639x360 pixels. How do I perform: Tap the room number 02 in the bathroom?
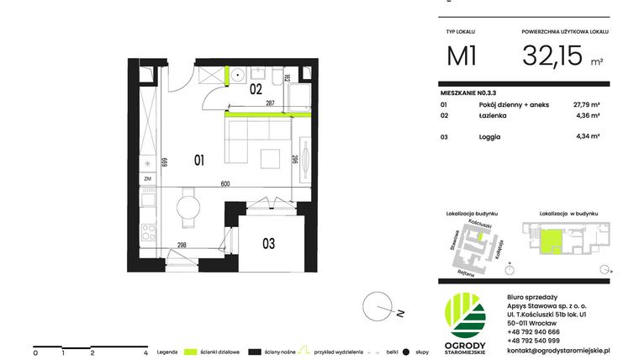[256, 87]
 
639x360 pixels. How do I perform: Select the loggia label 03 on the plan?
[268, 244]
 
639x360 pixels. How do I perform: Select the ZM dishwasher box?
[147, 179]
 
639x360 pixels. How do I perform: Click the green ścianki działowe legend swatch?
[192, 351]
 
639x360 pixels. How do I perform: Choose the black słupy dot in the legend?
[405, 351]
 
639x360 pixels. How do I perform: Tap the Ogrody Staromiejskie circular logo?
[465, 313]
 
